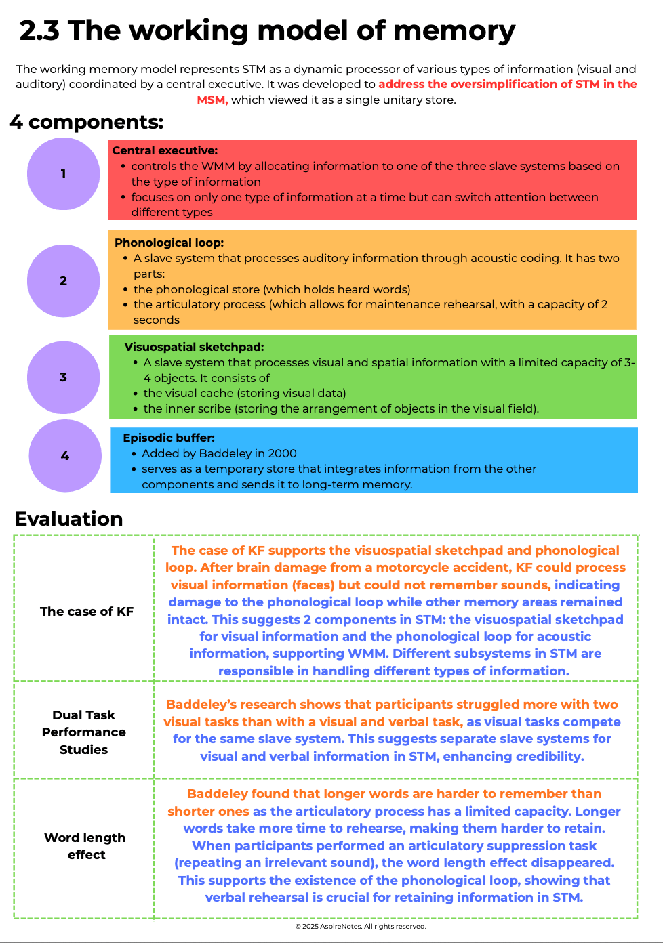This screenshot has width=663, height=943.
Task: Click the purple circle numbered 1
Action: point(63,174)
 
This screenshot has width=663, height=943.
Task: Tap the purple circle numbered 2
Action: point(63,280)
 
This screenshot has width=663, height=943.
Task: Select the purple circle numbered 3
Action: point(63,377)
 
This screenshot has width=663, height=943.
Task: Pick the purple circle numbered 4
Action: point(65,456)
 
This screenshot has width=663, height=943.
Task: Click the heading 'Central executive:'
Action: point(165,150)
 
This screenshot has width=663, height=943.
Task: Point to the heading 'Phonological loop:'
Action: point(169,243)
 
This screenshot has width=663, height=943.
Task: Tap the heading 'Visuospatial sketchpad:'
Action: point(194,347)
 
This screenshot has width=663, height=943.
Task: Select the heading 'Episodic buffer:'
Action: point(169,438)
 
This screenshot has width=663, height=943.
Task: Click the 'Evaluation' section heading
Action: point(68,519)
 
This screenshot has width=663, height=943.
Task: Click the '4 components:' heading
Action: point(87,122)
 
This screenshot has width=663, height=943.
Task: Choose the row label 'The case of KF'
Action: point(87,611)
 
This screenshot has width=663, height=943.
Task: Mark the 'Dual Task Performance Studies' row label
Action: point(84,732)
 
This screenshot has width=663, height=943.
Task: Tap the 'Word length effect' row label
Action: point(85,846)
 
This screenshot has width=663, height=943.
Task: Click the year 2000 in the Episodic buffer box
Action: point(283,453)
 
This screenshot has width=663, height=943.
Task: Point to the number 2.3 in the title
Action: point(39,31)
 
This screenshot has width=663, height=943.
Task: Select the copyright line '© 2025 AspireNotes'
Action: point(361,926)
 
